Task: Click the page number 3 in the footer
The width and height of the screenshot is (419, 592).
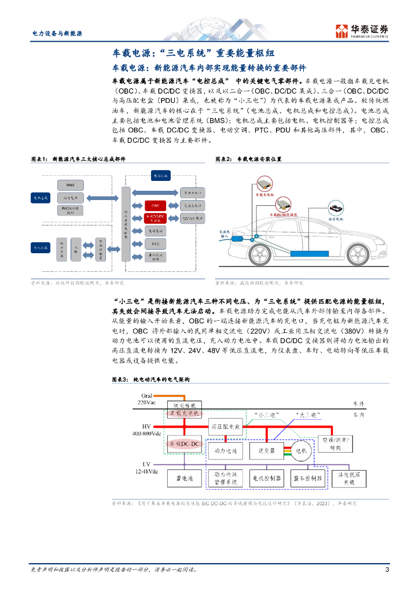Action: (x=387, y=569)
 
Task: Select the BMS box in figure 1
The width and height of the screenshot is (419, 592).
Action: (x=71, y=186)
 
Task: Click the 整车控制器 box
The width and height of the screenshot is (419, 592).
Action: (x=308, y=478)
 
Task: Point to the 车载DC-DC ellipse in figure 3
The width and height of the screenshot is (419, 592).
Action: (x=183, y=443)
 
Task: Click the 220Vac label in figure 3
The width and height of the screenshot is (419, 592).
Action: (x=148, y=401)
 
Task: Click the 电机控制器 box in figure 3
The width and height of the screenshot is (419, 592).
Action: (x=266, y=478)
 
